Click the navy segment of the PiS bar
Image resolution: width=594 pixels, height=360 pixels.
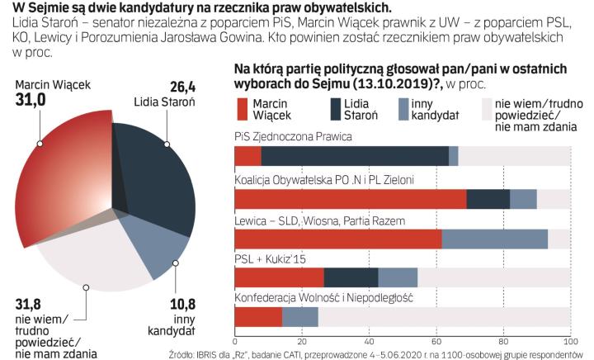point(355,156)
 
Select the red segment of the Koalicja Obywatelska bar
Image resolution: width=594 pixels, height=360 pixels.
point(351,199)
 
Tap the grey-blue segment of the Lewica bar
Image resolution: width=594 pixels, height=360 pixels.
point(495,239)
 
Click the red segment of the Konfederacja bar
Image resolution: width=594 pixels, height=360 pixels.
point(258,317)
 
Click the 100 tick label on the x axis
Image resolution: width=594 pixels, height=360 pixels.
point(569,341)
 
